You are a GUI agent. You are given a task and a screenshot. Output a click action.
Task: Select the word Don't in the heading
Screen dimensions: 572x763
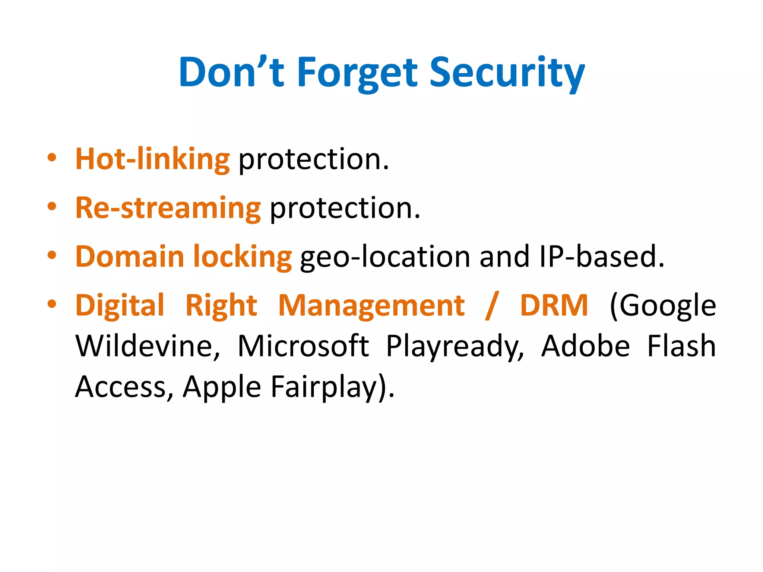tap(232, 73)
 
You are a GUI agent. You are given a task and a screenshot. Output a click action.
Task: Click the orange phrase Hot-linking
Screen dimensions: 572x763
tap(152, 159)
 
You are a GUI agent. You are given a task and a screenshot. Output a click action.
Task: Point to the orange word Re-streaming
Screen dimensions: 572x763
tap(168, 208)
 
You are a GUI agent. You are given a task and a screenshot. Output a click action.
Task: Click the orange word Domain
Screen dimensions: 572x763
tap(130, 257)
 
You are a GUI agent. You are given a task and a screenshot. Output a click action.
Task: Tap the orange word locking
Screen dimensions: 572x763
tap(242, 257)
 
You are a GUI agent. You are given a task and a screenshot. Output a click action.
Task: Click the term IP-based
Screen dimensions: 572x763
tap(601, 257)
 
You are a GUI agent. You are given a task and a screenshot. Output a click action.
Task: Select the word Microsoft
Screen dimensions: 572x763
tap(303, 346)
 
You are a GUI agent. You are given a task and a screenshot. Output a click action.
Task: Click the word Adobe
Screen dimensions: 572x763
tap(586, 346)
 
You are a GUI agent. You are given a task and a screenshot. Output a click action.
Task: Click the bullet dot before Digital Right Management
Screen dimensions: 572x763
tap(52, 304)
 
